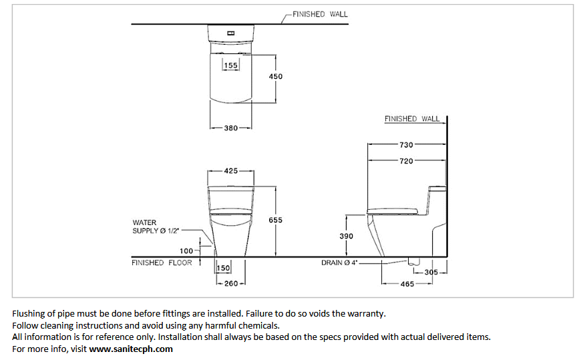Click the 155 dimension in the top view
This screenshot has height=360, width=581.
point(230,65)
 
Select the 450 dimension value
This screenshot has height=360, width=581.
point(275,76)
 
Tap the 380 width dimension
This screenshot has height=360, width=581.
point(230,128)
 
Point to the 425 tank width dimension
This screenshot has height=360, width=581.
point(230,171)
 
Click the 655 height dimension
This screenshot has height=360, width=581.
point(275,220)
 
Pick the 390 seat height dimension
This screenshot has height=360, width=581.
point(346,236)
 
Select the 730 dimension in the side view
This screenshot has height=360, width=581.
point(406,144)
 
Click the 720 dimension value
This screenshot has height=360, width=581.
point(406,161)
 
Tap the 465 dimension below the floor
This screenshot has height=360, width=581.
point(407,284)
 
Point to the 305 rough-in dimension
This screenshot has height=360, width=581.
point(431,272)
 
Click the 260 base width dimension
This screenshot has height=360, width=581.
point(231,284)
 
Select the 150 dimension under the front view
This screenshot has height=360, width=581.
point(223,268)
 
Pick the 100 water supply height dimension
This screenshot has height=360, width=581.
point(186,251)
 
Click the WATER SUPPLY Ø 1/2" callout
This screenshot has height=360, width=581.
point(156,226)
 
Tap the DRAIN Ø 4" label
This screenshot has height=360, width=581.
point(339,263)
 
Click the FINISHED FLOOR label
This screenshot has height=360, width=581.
point(162,263)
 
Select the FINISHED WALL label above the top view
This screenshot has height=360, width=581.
point(320,14)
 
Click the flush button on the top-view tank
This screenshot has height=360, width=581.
point(231,33)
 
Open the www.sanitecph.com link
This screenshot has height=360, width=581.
point(131,349)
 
